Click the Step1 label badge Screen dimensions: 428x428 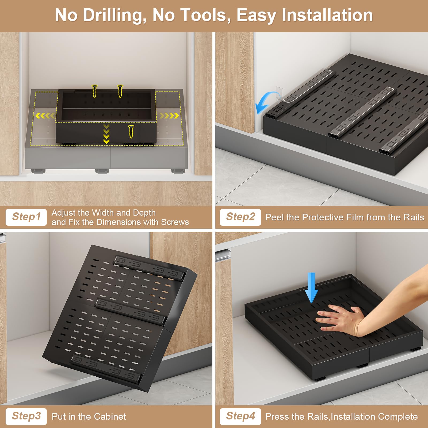(x=26, y=217)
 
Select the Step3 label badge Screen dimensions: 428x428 (x=26, y=416)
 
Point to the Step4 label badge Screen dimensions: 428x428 (x=240, y=416)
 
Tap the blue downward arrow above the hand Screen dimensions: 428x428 (x=311, y=288)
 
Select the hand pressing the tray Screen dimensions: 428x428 (x=340, y=320)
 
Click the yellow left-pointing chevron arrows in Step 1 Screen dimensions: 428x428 (x=44, y=116)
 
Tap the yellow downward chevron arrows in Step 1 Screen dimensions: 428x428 (x=106, y=133)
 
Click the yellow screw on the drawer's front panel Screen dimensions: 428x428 (x=131, y=131)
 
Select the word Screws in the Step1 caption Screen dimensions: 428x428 (x=175, y=222)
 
